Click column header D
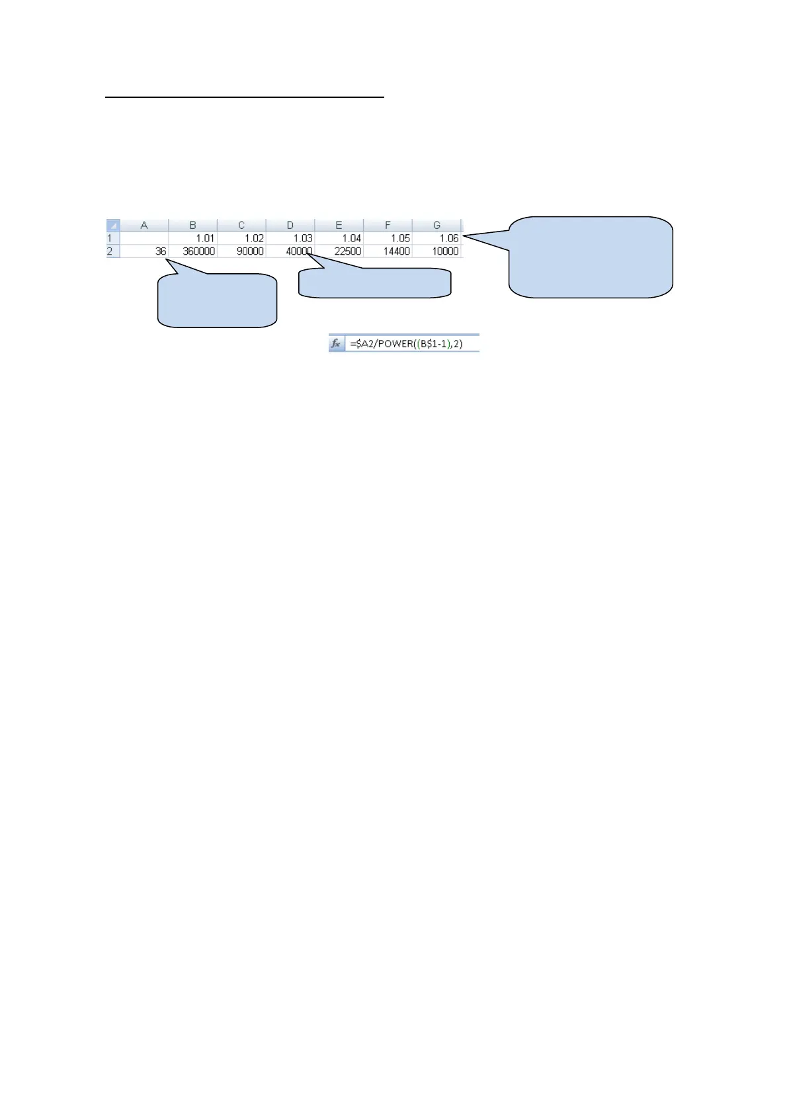pyautogui.click(x=290, y=226)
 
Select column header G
pyautogui.click(x=436, y=226)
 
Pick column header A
pyautogui.click(x=144, y=226)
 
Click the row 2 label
pyautogui.click(x=110, y=251)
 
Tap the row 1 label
pyautogui.click(x=110, y=238)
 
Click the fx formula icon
pyautogui.click(x=336, y=344)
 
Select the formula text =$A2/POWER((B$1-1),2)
pyautogui.click(x=406, y=344)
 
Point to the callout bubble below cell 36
pyautogui.click(x=217, y=301)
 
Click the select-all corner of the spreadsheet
pyautogui.click(x=113, y=226)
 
